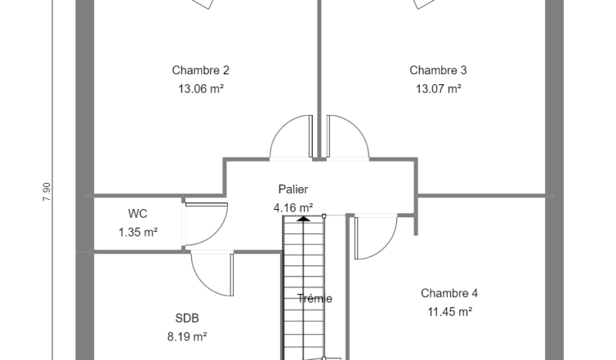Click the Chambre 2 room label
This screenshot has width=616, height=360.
tap(200, 70)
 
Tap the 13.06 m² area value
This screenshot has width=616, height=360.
tap(201, 89)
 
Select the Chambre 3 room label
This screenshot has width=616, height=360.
tap(438, 70)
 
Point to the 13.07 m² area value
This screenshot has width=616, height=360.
tap(439, 89)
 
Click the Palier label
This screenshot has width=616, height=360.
tap(293, 189)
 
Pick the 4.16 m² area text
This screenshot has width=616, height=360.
tap(293, 207)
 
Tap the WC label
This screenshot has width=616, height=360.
tap(137, 214)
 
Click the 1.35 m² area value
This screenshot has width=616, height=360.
tap(138, 233)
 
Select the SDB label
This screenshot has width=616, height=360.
tap(187, 318)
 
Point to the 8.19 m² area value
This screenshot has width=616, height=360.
tap(187, 337)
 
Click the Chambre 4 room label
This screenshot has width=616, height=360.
tap(449, 293)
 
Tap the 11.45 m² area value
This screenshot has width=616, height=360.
tap(449, 312)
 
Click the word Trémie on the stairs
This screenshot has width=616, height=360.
tap(315, 299)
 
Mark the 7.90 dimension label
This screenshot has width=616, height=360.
tap(47, 192)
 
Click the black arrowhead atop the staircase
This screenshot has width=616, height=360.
tap(303, 218)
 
